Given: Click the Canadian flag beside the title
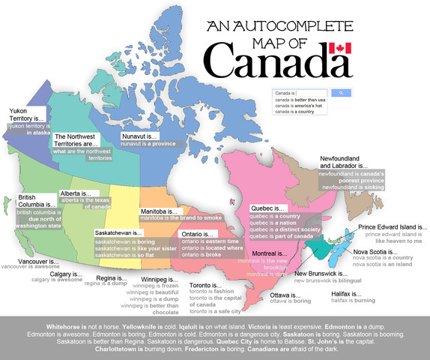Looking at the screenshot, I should [x=340, y=50].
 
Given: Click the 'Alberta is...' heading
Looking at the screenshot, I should [x=79, y=193].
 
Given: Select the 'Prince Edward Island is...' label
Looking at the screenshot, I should [x=393, y=226].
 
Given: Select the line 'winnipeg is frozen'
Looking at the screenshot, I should [x=155, y=286].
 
